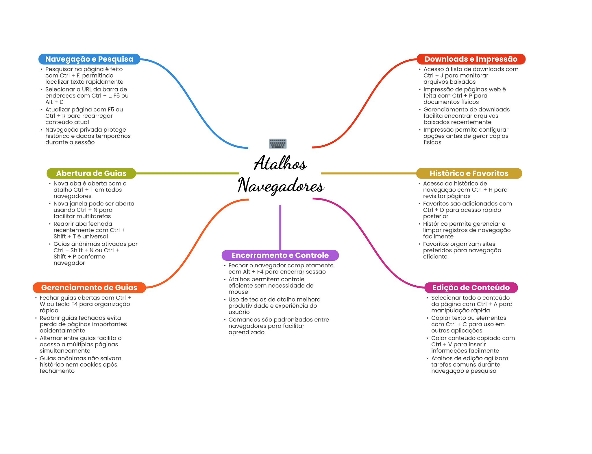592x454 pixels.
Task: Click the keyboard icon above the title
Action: [277, 144]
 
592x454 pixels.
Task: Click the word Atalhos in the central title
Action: [280, 163]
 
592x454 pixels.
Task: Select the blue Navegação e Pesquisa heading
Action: [89, 59]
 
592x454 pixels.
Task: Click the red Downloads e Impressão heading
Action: [471, 59]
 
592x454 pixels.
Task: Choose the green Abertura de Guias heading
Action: [91, 173]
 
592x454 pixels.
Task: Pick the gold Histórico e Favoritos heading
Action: [469, 173]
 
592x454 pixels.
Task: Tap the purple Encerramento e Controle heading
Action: [280, 255]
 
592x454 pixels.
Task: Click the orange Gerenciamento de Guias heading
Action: [89, 288]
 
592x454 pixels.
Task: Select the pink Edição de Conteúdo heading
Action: [471, 288]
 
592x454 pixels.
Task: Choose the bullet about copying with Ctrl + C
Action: [468, 324]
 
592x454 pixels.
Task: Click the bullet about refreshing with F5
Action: [84, 116]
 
